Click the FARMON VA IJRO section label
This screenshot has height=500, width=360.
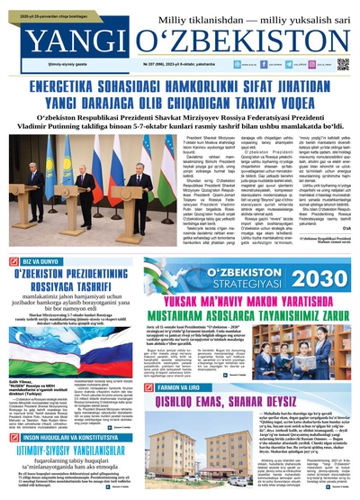165,363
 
